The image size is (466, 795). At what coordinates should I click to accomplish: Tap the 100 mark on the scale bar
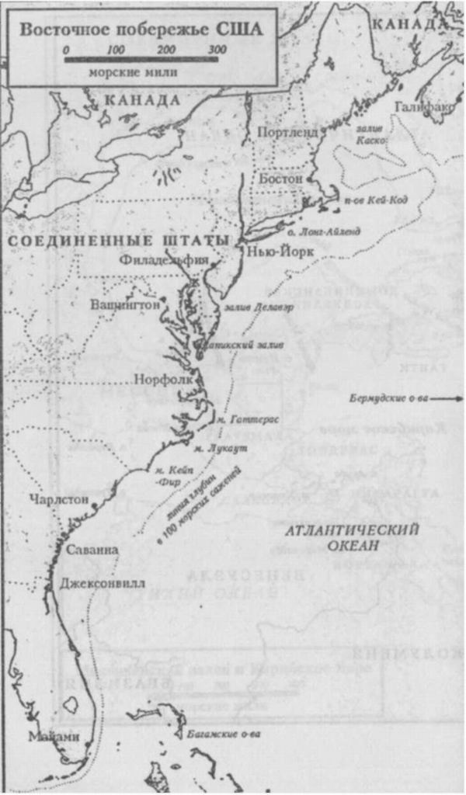pyautogui.click(x=116, y=50)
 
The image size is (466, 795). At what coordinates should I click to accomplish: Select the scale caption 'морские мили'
pyautogui.click(x=133, y=72)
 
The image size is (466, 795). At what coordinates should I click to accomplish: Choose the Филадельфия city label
pyautogui.click(x=164, y=262)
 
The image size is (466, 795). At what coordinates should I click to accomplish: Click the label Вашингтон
pyautogui.click(x=125, y=304)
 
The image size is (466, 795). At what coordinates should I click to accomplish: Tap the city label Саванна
pyautogui.click(x=92, y=550)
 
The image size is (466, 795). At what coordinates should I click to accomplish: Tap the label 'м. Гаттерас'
pyautogui.click(x=247, y=419)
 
